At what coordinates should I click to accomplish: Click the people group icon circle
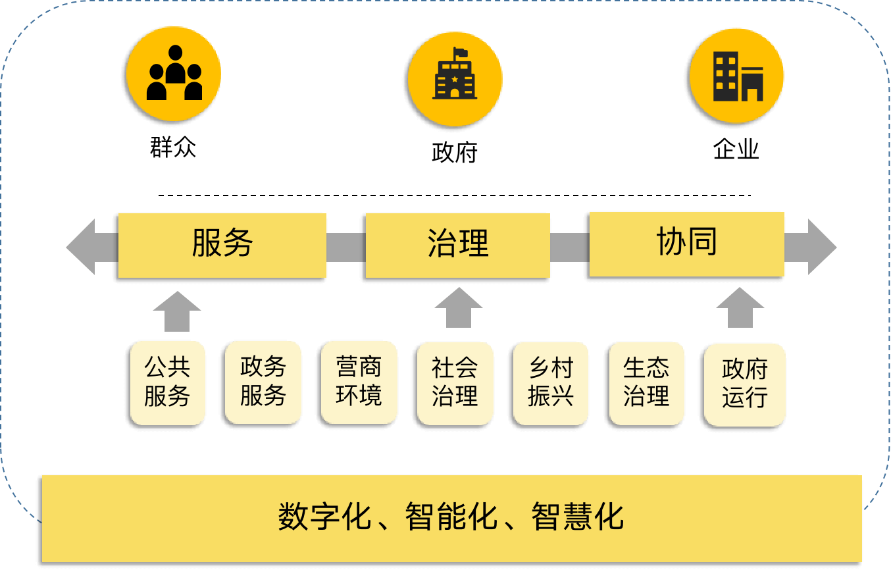click(174, 74)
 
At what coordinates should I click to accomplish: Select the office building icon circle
click(737, 76)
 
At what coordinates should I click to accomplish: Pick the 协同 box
click(686, 244)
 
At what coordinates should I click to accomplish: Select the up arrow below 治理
click(459, 307)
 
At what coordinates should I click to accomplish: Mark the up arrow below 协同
click(740, 307)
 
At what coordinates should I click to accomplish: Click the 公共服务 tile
click(168, 382)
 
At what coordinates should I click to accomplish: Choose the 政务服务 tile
click(263, 382)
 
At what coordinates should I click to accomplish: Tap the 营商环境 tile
click(359, 382)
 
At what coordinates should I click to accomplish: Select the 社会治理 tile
click(455, 382)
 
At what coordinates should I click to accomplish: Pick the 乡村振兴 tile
click(551, 382)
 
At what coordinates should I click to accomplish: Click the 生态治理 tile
click(647, 382)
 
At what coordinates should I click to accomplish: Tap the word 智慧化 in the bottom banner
click(577, 517)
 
